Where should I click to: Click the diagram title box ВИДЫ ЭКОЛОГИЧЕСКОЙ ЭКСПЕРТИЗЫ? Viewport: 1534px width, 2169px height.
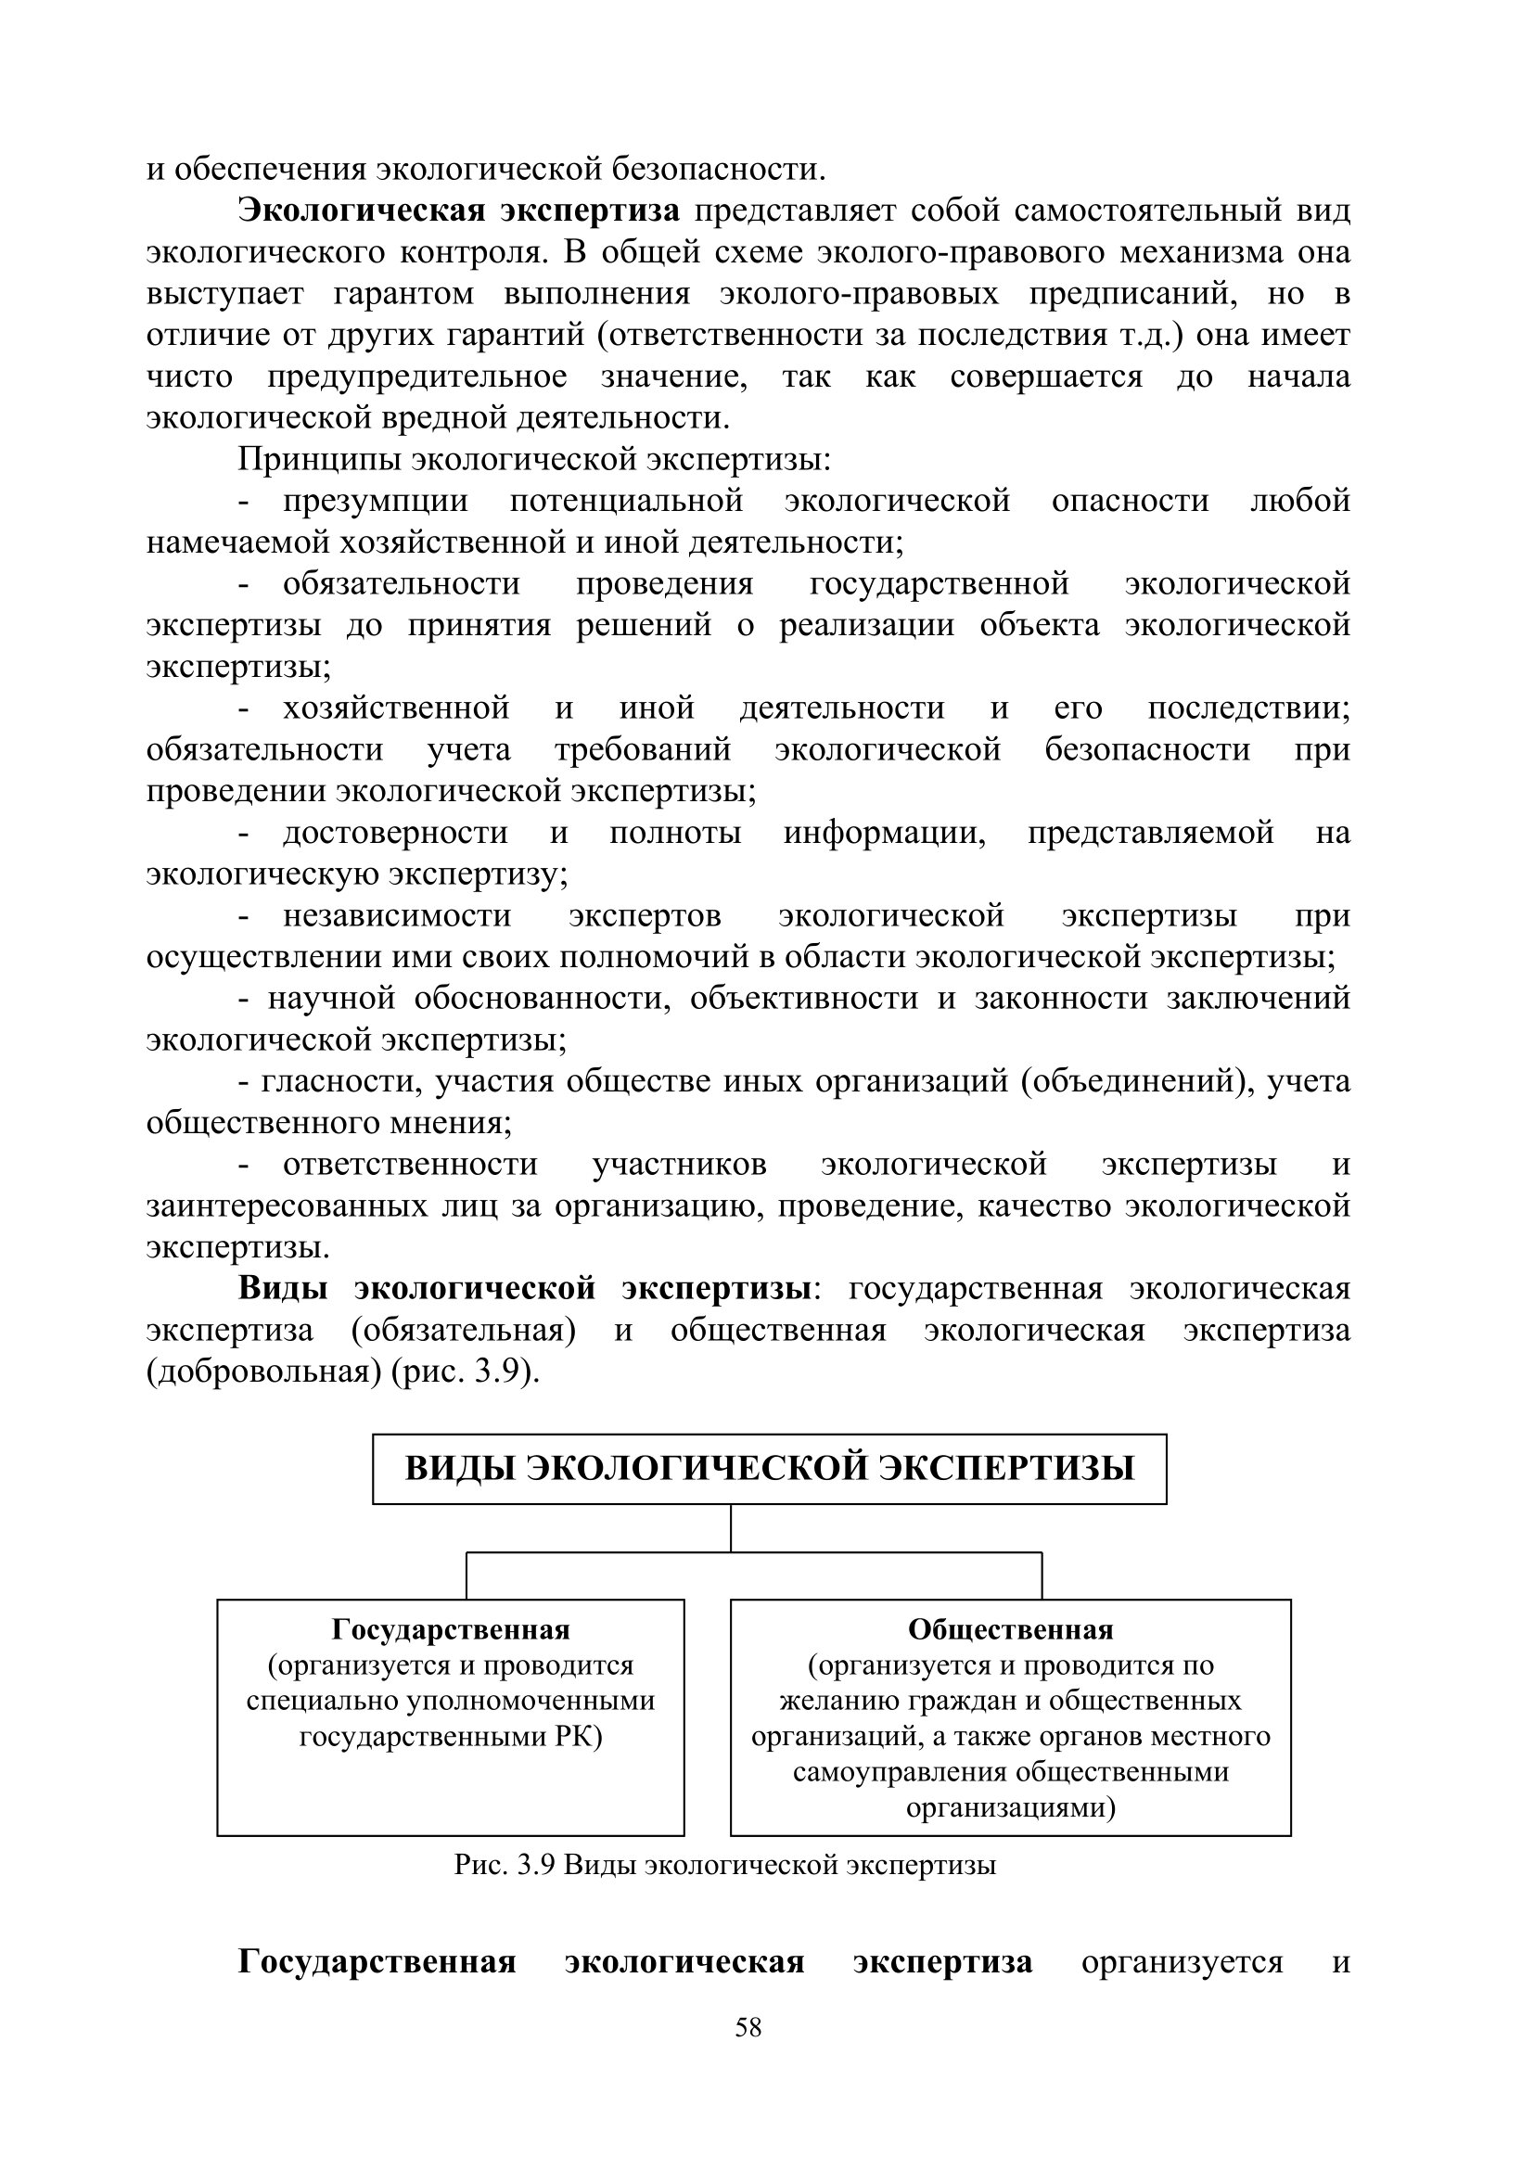point(769,1469)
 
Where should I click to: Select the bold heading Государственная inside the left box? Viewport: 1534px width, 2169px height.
point(451,1629)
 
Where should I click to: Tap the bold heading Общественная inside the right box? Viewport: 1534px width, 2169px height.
point(1011,1629)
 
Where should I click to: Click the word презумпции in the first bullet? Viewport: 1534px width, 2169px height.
point(375,501)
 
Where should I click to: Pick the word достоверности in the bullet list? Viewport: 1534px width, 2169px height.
point(395,832)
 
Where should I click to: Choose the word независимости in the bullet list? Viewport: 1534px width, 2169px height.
point(397,915)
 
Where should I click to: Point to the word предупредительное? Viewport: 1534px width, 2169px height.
point(416,376)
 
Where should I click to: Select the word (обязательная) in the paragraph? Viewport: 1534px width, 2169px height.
point(464,1330)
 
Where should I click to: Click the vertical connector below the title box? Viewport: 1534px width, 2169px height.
point(731,1527)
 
